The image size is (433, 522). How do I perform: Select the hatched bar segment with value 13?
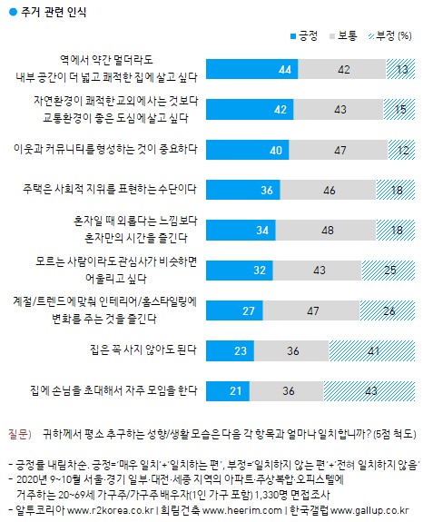point(401,70)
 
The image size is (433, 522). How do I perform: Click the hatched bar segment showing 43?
point(370,389)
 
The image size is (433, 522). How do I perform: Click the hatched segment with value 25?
point(389,270)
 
